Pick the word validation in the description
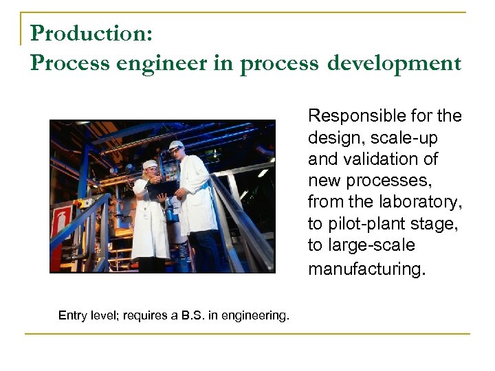click(x=375, y=159)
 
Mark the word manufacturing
click(x=366, y=269)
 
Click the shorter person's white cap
click(x=149, y=164)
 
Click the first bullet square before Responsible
click(x=300, y=116)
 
